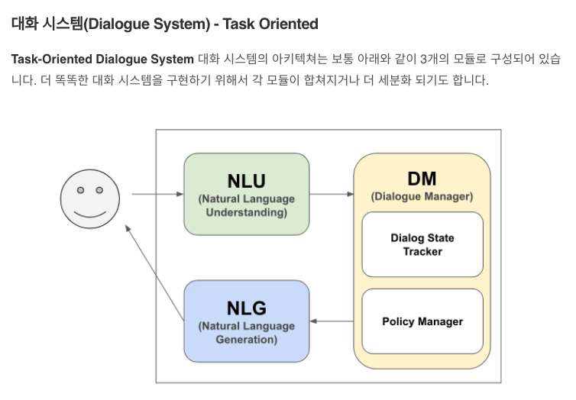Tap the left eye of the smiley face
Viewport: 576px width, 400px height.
[80, 190]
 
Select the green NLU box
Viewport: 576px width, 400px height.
[246, 194]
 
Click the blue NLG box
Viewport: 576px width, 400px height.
[246, 321]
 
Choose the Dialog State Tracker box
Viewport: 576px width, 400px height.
[422, 244]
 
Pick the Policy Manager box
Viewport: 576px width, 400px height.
[422, 321]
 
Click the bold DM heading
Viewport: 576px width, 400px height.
[422, 179]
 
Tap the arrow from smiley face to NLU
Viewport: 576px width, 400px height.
[157, 195]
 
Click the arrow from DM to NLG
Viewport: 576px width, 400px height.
[332, 321]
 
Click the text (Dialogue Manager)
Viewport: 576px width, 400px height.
[422, 196]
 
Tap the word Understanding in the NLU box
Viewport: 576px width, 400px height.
[246, 212]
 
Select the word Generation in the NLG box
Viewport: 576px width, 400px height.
[246, 339]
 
